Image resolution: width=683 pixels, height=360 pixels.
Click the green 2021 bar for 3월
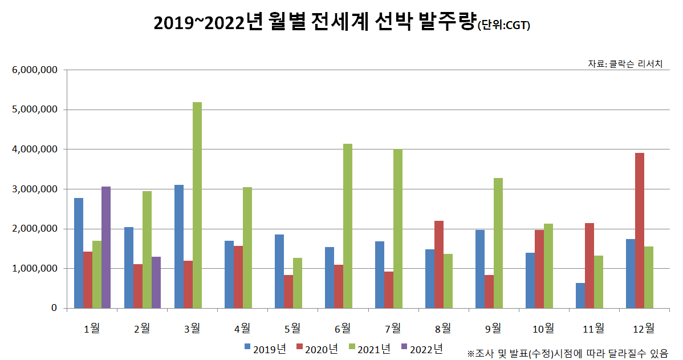[x=197, y=205]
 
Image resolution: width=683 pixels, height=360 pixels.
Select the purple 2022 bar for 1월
[x=106, y=247]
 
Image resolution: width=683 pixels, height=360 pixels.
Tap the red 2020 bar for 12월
[x=640, y=230]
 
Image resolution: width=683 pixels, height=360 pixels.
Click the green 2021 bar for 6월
[x=348, y=226]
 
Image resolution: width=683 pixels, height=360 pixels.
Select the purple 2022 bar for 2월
[x=156, y=282]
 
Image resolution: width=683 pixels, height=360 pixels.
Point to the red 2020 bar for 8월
[x=439, y=264]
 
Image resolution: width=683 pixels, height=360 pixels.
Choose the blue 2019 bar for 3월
[x=179, y=246]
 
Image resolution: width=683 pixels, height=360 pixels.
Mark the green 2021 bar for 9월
[x=498, y=243]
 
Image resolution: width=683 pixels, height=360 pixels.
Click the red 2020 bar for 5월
[x=288, y=292]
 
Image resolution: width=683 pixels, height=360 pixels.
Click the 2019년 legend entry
[x=266, y=347]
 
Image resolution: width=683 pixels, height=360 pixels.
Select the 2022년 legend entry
[x=421, y=347]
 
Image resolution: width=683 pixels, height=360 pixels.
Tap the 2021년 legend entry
[x=369, y=347]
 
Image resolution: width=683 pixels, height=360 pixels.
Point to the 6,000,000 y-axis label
[x=34, y=70]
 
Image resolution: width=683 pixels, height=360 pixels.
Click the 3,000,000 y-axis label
[x=34, y=189]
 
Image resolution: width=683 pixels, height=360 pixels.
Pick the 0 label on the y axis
[x=54, y=308]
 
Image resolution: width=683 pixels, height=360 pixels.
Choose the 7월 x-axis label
[x=393, y=328]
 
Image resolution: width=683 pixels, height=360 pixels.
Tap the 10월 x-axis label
[x=543, y=328]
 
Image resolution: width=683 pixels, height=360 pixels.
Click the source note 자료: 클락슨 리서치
[x=625, y=64]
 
